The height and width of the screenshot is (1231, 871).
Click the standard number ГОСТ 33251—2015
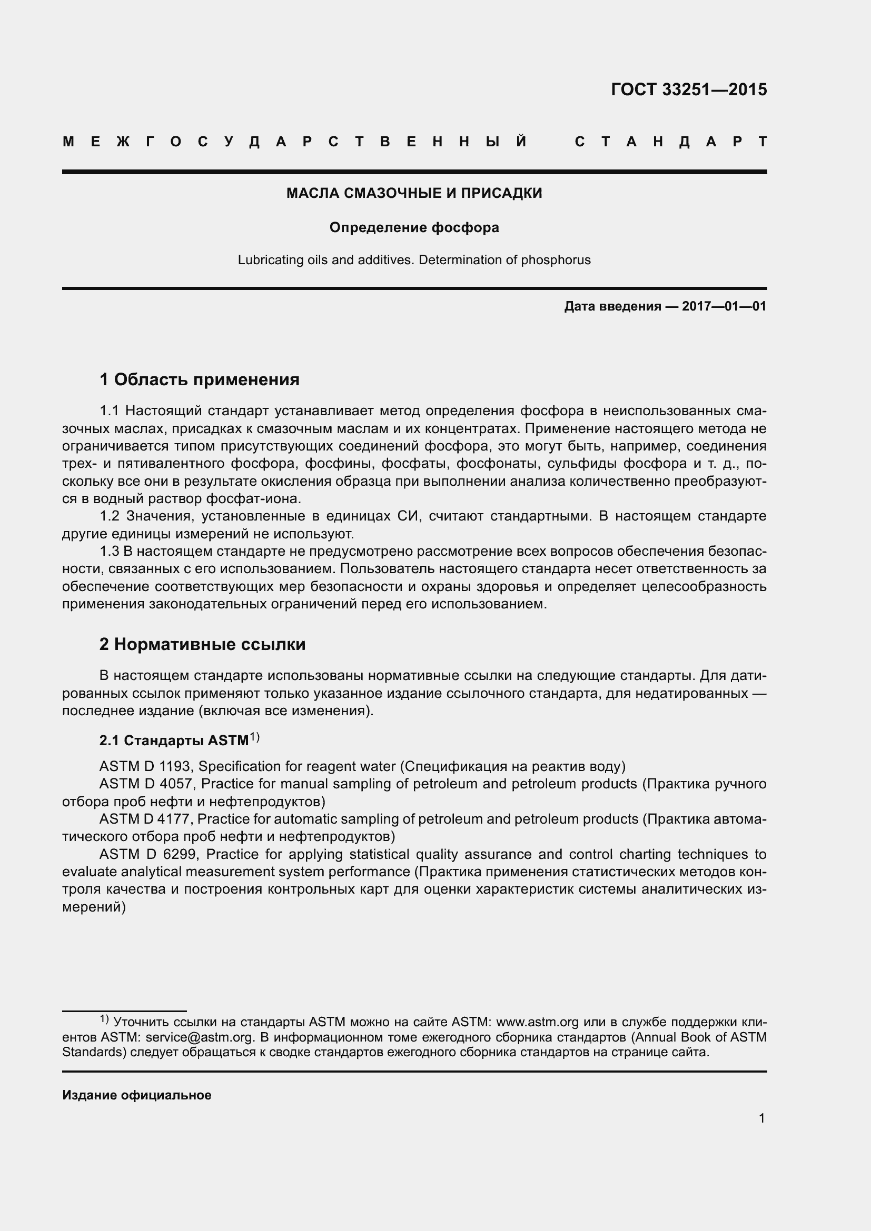pos(689,89)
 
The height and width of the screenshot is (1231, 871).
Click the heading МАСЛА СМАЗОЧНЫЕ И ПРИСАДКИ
pos(414,193)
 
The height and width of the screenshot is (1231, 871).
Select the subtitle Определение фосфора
pos(414,228)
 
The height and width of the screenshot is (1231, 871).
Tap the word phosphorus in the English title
pos(556,260)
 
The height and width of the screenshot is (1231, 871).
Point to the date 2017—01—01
pos(724,307)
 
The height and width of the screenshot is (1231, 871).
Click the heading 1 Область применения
pos(200,379)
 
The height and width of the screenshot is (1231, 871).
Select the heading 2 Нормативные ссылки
pos(202,644)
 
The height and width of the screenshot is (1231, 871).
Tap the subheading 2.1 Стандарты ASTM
pos(174,740)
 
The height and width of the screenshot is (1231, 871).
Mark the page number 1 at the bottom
pos(761,1118)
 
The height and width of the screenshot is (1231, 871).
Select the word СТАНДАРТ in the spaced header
pos(670,142)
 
